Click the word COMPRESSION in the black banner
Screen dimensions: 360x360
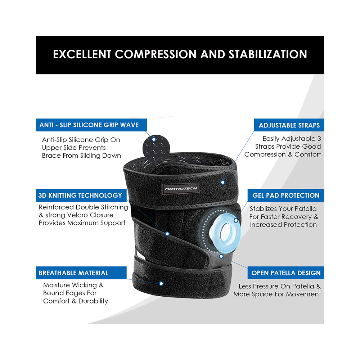click(x=156, y=54)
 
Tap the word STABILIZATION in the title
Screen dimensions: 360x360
click(x=268, y=54)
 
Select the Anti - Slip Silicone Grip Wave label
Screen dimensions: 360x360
click(x=91, y=125)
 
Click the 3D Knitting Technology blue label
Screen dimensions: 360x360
click(x=81, y=195)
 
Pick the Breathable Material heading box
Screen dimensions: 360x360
click(x=81, y=273)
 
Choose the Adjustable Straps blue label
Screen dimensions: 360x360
click(x=289, y=125)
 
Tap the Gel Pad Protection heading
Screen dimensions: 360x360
click(x=285, y=195)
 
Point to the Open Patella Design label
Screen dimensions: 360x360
click(x=285, y=273)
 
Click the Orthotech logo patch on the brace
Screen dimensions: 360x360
click(x=181, y=189)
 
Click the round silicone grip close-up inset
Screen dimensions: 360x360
click(x=156, y=149)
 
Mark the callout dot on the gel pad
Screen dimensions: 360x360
click(x=236, y=220)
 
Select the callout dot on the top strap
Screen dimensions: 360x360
click(x=222, y=183)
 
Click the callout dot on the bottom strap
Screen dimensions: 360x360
click(x=161, y=284)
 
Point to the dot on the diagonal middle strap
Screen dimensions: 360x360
click(x=167, y=234)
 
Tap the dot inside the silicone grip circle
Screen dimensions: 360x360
click(x=154, y=139)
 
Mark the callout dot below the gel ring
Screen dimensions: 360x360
click(x=221, y=256)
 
